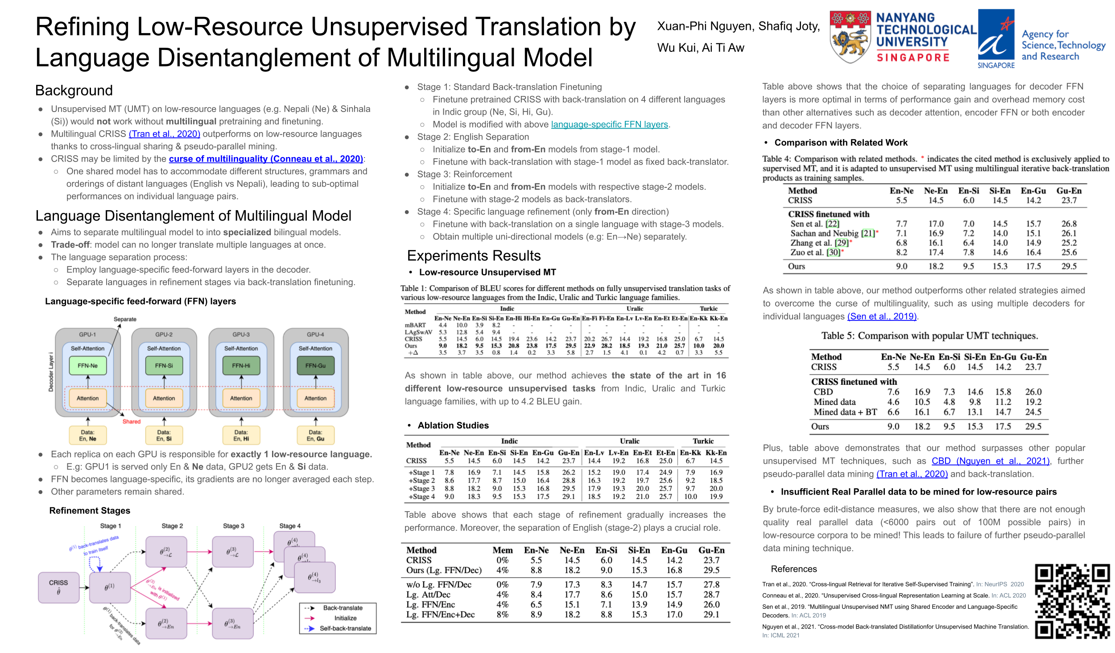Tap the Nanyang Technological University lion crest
click(850, 37)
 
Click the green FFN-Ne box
click(88, 366)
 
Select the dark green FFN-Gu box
click(315, 366)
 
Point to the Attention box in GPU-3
click(241, 398)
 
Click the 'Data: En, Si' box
click(164, 435)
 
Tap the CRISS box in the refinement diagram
click(58, 587)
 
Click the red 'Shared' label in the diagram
click(131, 421)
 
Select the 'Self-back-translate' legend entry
click(345, 628)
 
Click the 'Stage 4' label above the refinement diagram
click(290, 526)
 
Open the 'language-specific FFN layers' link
click(609, 125)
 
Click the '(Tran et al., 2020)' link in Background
click(164, 134)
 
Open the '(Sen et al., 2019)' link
click(882, 316)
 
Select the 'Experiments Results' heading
click(474, 256)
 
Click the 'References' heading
click(794, 569)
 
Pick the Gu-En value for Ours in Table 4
click(1069, 266)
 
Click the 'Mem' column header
click(502, 550)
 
